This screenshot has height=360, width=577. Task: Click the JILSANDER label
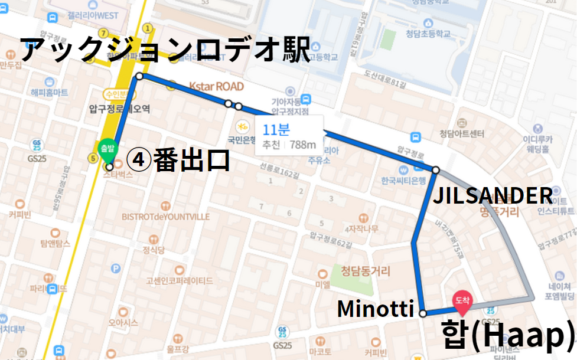click(x=493, y=195)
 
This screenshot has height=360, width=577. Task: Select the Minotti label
click(x=376, y=308)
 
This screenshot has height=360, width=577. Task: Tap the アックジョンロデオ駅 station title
click(x=165, y=50)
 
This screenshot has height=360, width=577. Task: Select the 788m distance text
click(x=302, y=145)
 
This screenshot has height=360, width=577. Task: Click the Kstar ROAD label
click(x=216, y=87)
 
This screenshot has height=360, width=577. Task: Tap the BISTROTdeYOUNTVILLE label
click(x=166, y=217)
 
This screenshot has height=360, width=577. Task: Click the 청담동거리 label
click(x=366, y=271)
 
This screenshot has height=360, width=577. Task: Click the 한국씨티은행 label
click(x=404, y=180)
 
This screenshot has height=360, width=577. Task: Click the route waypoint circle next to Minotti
click(x=423, y=313)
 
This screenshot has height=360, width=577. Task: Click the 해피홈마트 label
click(x=50, y=92)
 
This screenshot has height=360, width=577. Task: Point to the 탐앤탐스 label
click(x=56, y=243)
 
